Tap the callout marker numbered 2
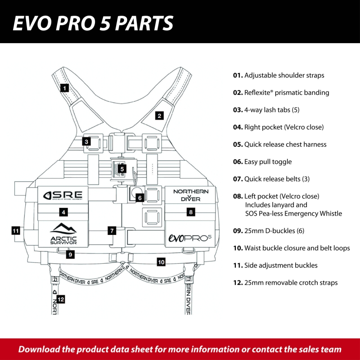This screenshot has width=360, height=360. pyautogui.click(x=159, y=115)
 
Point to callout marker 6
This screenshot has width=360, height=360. pyautogui.click(x=139, y=197)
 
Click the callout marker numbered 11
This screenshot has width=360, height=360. pyautogui.click(x=16, y=231)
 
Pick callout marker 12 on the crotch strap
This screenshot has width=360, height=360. pyautogui.click(x=61, y=298)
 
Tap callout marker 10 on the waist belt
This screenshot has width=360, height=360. pyautogui.click(x=161, y=261)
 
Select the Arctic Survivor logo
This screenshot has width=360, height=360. pyautogui.click(x=63, y=234)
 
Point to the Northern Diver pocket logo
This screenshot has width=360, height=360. pyautogui.click(x=191, y=195)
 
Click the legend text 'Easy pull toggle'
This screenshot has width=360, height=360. pyautogui.click(x=268, y=162)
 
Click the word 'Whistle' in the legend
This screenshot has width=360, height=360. pyautogui.click(x=331, y=213)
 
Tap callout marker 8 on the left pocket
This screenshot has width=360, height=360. pyautogui.click(x=191, y=211)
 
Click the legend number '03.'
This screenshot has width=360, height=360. pyautogui.click(x=238, y=110)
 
